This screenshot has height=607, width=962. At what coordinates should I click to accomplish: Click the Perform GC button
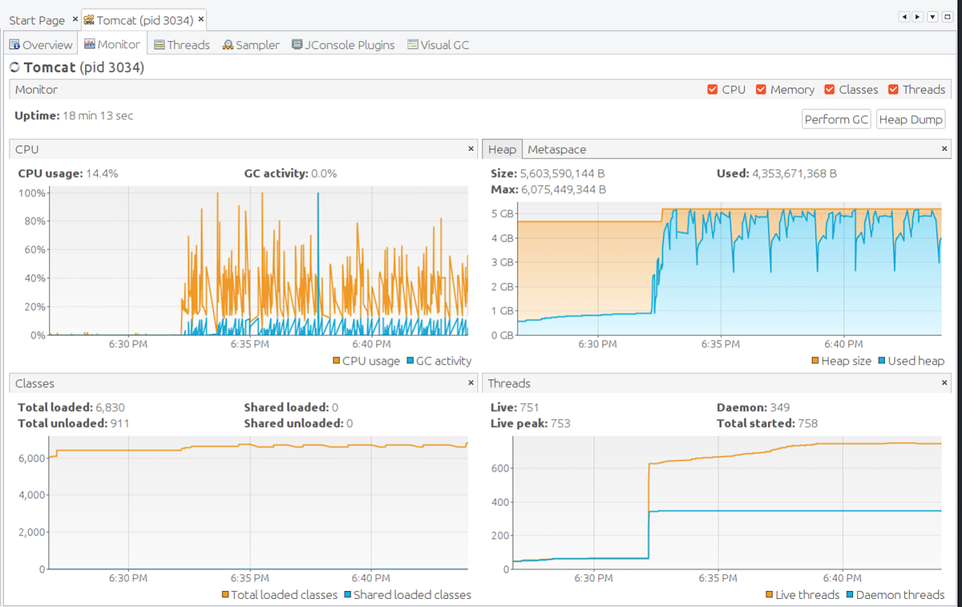(x=836, y=119)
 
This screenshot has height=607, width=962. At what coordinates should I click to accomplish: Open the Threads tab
(x=182, y=45)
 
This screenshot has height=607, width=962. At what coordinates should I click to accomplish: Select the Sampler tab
(x=251, y=45)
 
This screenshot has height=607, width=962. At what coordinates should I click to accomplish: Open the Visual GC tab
(x=438, y=45)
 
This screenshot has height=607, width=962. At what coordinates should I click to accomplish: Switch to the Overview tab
(x=41, y=45)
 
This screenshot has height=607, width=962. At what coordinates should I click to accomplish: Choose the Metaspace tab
(x=556, y=150)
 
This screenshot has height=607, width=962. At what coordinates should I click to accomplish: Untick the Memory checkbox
(x=762, y=90)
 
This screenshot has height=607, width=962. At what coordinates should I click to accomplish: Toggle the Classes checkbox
(x=830, y=90)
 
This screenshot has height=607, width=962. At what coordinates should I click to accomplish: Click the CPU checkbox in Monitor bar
(x=713, y=90)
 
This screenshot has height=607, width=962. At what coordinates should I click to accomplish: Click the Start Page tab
(x=37, y=19)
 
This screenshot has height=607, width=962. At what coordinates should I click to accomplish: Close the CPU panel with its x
(x=471, y=149)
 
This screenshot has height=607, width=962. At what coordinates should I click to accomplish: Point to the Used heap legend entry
(x=911, y=361)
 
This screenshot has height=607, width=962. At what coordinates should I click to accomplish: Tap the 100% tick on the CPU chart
(x=32, y=193)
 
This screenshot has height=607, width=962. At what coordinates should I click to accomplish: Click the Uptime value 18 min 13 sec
(x=99, y=115)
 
